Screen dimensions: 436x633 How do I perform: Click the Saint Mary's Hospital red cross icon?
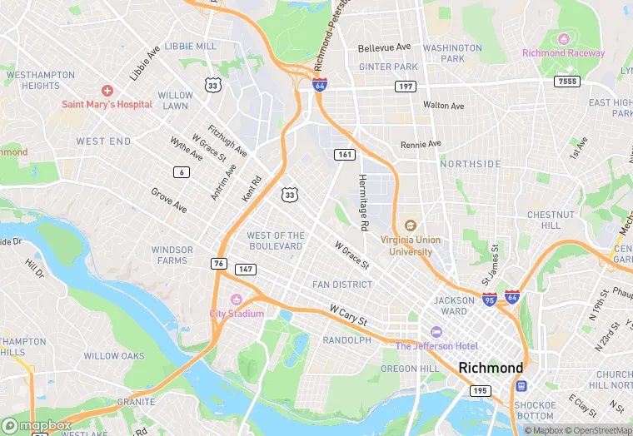107,90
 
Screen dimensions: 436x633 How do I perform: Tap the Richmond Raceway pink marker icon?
564,39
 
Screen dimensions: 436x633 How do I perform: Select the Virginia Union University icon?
410,225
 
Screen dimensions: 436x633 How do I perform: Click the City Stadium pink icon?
237,300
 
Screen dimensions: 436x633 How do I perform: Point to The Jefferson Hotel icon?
436,332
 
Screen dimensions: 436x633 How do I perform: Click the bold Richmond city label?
491,367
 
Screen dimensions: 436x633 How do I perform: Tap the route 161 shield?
345,155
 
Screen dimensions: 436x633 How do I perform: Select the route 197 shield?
406,86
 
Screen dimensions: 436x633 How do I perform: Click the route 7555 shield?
567,81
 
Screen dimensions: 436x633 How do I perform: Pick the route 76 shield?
219,263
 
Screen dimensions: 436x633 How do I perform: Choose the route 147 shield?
245,269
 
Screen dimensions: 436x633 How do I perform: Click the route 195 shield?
480,390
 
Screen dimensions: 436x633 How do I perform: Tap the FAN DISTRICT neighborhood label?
342,285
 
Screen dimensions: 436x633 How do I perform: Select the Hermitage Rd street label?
363,202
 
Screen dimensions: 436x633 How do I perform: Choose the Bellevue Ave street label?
384,47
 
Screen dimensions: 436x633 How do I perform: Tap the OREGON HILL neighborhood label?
409,368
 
